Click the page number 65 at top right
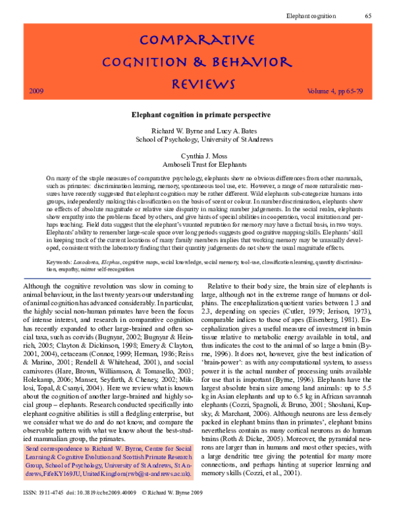point(368,14)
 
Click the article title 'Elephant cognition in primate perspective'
point(197,114)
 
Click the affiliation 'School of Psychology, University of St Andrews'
point(197,140)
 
